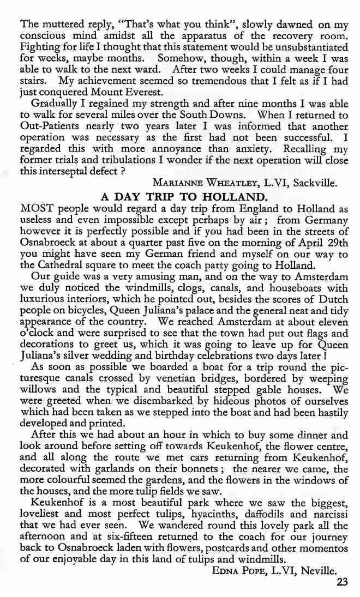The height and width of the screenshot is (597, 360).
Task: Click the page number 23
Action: click(342, 581)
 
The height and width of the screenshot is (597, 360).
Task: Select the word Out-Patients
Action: click(47, 128)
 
